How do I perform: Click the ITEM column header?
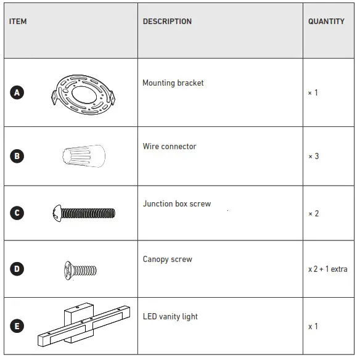(18, 22)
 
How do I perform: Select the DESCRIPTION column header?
(167, 22)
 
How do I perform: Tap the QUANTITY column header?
(326, 22)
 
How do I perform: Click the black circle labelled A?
(17, 93)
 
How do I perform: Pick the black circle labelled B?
(17, 156)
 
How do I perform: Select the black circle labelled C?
(17, 213)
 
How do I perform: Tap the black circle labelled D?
(17, 269)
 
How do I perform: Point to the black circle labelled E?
(17, 327)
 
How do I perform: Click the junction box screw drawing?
(84, 213)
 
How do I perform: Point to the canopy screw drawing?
(81, 269)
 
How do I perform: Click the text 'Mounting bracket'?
(173, 83)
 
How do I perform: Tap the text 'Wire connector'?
(170, 147)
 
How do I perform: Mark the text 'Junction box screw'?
(177, 204)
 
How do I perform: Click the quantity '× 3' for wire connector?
(314, 156)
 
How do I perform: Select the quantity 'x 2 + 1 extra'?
(328, 269)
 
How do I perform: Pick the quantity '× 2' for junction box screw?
(314, 213)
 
